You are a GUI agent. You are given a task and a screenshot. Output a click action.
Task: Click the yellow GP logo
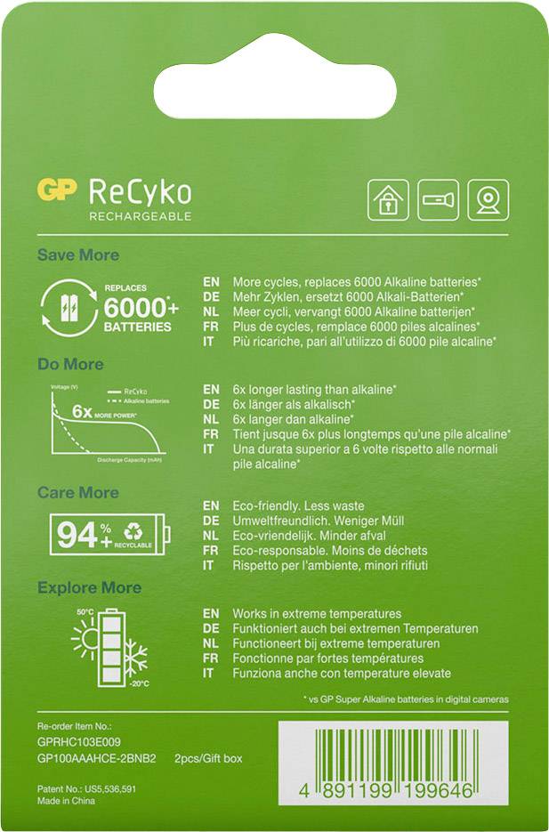coord(58,190)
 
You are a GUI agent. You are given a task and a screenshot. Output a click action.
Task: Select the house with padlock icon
coord(389,199)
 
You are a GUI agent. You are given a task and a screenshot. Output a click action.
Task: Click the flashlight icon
coord(439,199)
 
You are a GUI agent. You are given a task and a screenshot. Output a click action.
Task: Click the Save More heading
coord(77,255)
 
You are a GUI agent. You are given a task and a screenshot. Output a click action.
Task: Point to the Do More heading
coord(70,364)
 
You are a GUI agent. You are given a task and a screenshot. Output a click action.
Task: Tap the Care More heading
coord(77,492)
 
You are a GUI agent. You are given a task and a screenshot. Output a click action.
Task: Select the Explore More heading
coord(89,588)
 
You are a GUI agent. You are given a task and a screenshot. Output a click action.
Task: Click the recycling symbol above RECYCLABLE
coord(133,529)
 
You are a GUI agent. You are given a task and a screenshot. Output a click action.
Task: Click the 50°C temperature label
coord(85,612)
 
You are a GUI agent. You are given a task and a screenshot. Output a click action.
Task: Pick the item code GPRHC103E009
coord(78,740)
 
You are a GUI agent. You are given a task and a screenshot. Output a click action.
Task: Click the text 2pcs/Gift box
coord(207,758)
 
